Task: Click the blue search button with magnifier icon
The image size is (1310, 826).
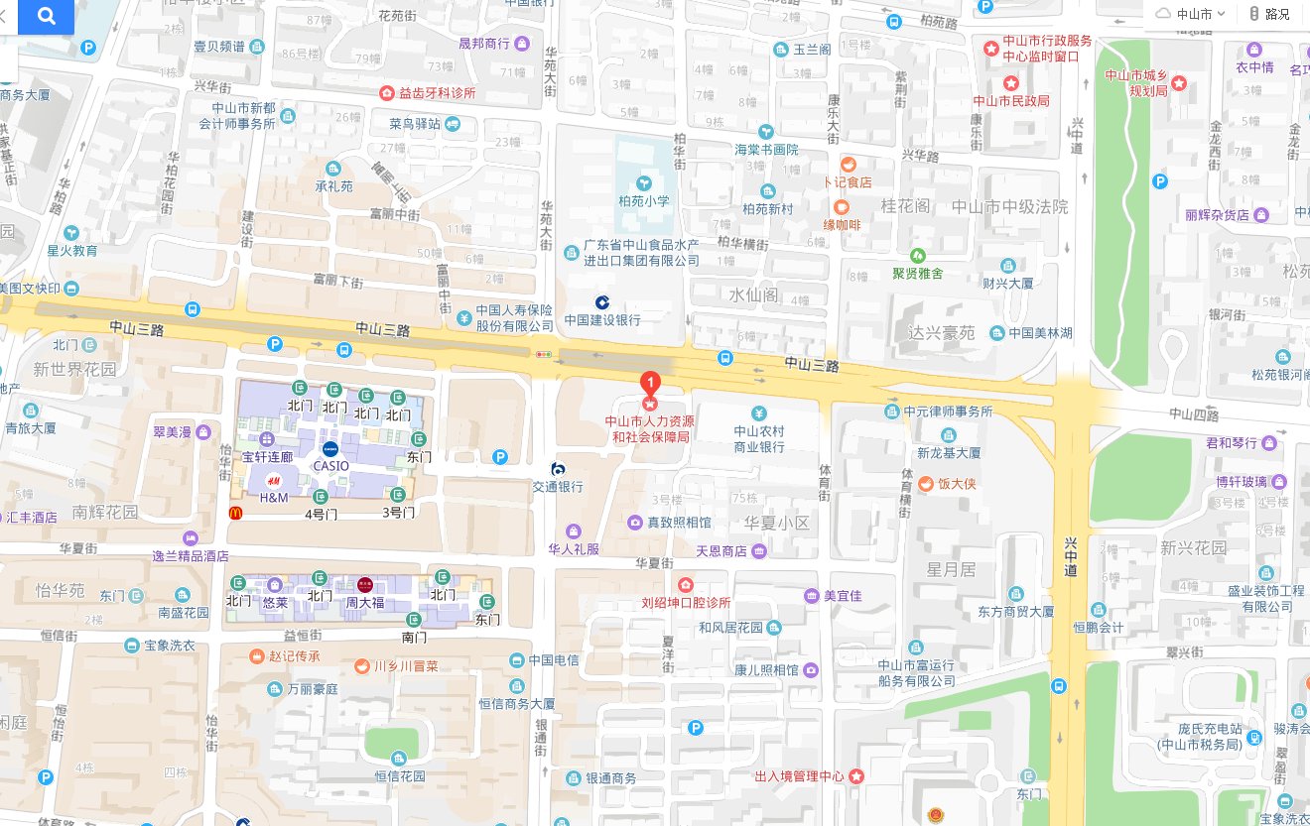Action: (x=45, y=16)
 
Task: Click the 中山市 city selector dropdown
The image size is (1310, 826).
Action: (x=1192, y=14)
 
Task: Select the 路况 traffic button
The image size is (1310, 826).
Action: (x=1270, y=14)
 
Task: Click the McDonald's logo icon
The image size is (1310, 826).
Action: (x=236, y=513)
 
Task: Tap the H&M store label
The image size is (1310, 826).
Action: (x=273, y=497)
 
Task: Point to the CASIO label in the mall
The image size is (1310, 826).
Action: (x=329, y=465)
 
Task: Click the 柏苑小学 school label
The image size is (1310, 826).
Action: (x=644, y=200)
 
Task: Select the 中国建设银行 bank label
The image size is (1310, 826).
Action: (x=602, y=319)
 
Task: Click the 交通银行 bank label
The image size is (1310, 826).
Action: (x=558, y=486)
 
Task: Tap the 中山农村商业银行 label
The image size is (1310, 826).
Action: (x=759, y=438)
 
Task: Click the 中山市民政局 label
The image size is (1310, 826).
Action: (x=1010, y=100)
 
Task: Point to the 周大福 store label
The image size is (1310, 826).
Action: (x=364, y=602)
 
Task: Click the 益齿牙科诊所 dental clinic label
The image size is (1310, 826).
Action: (x=437, y=93)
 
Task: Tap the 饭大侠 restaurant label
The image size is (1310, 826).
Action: (x=958, y=484)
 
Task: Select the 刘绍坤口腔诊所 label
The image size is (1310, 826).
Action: (x=686, y=602)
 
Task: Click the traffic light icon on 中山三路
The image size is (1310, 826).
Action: (x=543, y=353)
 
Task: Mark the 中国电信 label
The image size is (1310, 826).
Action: (x=554, y=660)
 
